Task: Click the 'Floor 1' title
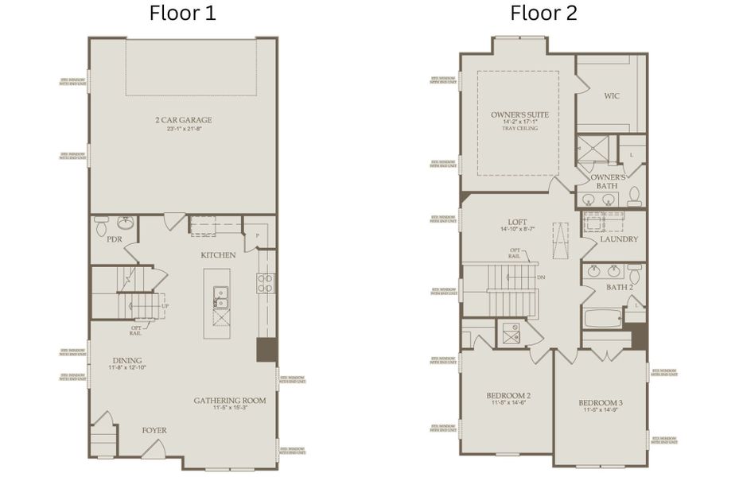(x=182, y=14)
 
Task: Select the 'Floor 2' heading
(x=543, y=14)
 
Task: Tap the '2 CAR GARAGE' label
(x=183, y=121)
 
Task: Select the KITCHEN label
(x=217, y=255)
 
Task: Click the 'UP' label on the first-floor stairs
(x=165, y=306)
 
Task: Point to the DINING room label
(x=126, y=359)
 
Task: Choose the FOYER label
(x=154, y=430)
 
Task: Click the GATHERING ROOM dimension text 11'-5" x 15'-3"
(x=230, y=409)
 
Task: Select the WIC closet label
(x=611, y=96)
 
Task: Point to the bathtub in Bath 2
(x=605, y=319)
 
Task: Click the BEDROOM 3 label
(x=600, y=403)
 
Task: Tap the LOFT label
(x=519, y=223)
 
